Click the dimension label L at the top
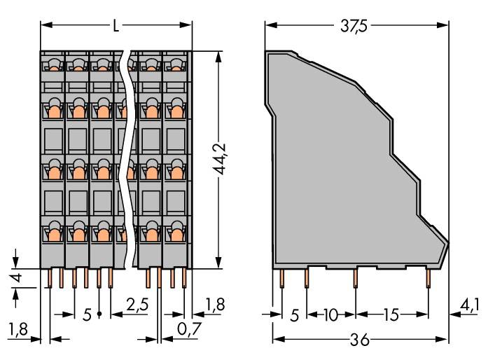tap(116, 27)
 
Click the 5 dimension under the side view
tap(294, 315)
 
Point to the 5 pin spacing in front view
tap(87, 315)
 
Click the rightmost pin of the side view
tap(428, 279)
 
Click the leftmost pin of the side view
tap(281, 279)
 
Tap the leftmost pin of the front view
tap(50, 279)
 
